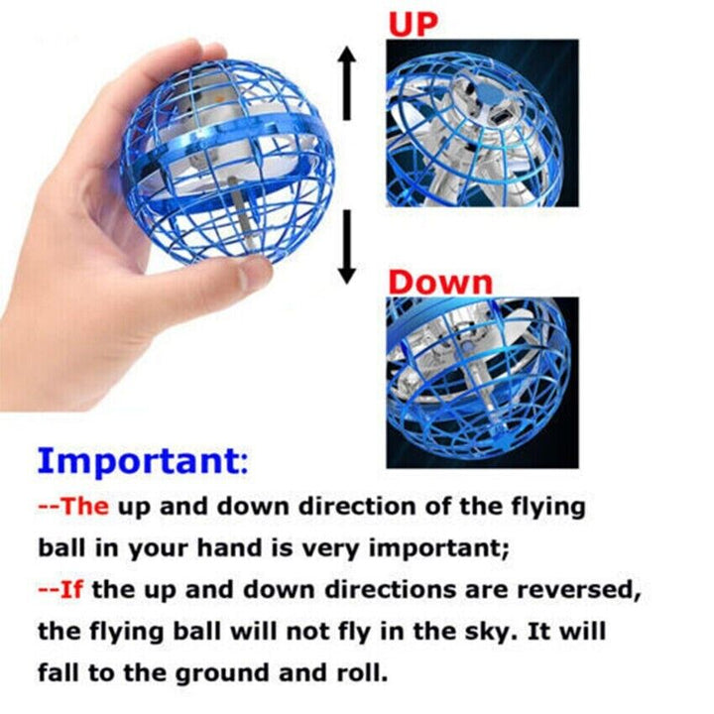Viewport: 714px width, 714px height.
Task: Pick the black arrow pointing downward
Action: coord(346,249)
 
